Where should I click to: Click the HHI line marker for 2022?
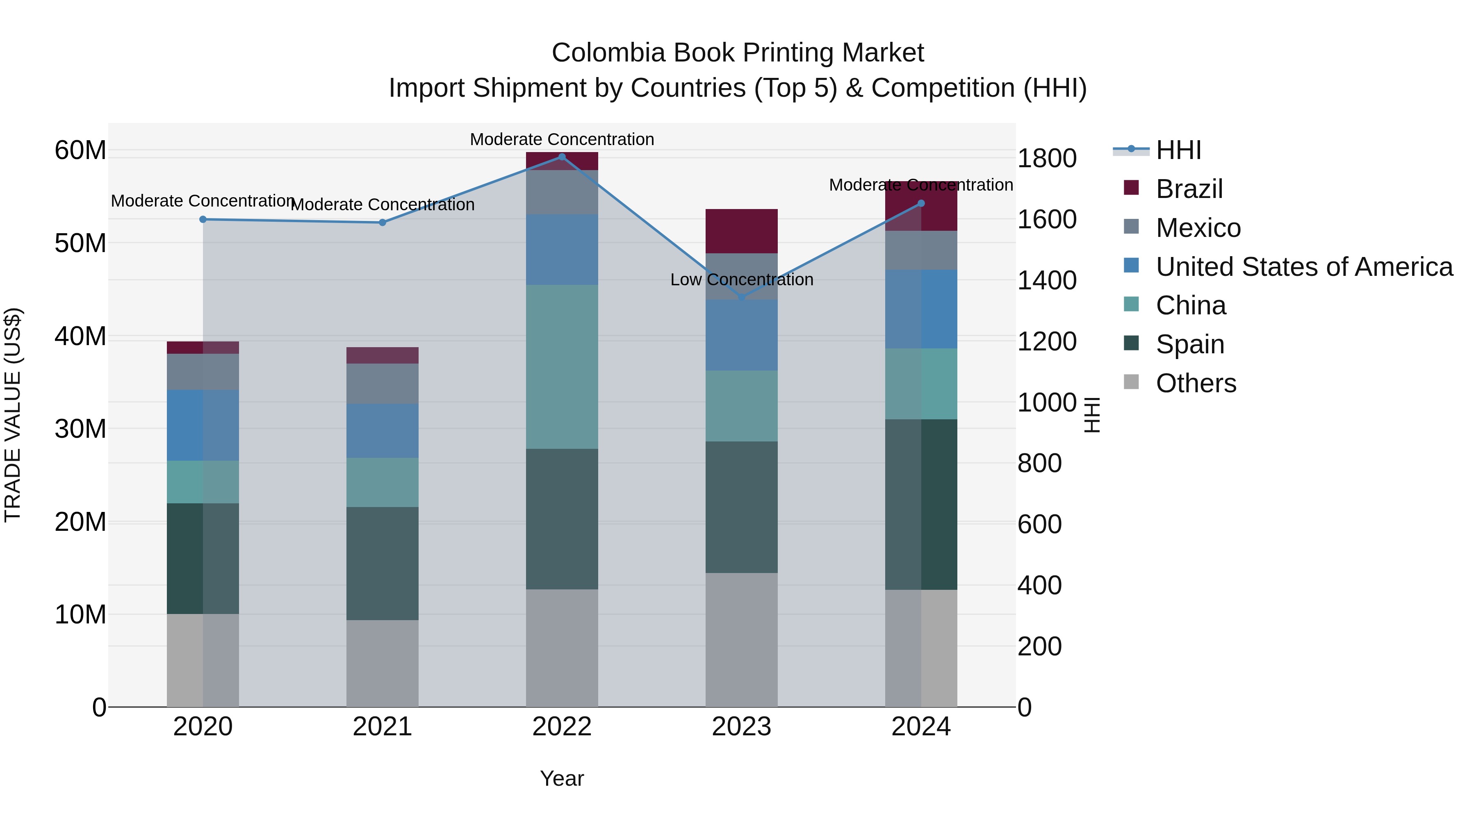(x=562, y=157)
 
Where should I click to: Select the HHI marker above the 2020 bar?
(x=203, y=219)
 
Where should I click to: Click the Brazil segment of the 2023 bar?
(x=741, y=232)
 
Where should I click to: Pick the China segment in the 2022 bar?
(x=562, y=366)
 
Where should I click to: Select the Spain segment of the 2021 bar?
(x=382, y=563)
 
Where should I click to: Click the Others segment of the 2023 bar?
(x=741, y=639)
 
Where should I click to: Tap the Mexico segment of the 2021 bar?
(x=382, y=383)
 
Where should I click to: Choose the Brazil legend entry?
(x=1189, y=189)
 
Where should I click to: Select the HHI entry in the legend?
(x=1178, y=150)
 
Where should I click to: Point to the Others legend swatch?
(x=1131, y=382)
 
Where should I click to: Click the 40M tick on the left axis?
(x=80, y=336)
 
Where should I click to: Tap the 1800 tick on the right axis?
(x=1047, y=159)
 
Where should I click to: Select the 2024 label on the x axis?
(x=921, y=727)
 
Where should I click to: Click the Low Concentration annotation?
(x=741, y=280)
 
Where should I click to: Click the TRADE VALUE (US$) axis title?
(x=13, y=415)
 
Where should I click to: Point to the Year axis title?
(x=562, y=778)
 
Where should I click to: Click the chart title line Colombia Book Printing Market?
(x=738, y=53)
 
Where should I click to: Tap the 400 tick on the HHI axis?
(x=1039, y=585)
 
